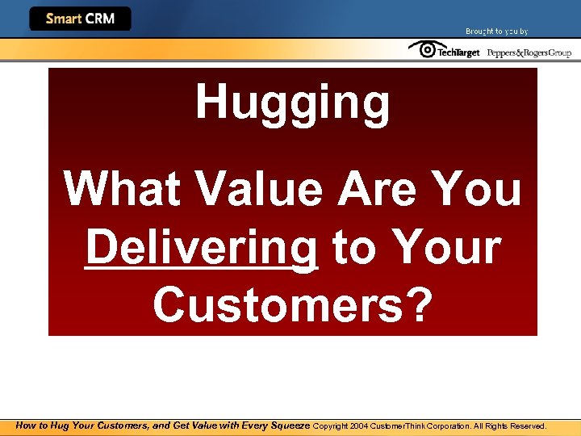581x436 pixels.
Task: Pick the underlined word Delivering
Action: (201, 249)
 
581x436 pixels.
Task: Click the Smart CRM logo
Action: (80, 19)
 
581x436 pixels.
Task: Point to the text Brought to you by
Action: (496, 31)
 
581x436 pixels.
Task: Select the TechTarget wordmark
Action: (458, 53)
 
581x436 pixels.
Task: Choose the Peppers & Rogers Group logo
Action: (529, 53)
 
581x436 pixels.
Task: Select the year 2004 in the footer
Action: (359, 426)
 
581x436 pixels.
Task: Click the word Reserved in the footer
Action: (528, 426)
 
